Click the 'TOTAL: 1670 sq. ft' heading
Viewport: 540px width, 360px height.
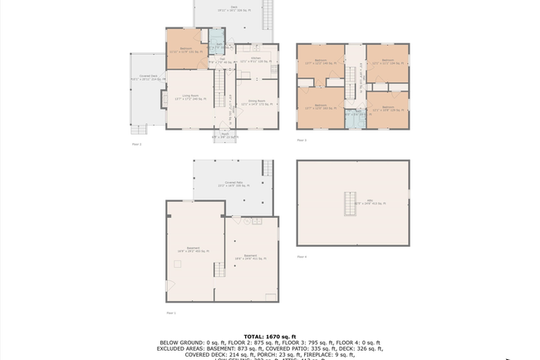pos(269,337)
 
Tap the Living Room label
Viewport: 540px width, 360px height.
pos(190,98)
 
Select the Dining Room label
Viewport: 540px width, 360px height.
pos(257,102)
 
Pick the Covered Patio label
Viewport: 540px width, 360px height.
pos(233,185)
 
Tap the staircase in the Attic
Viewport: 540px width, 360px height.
pos(350,202)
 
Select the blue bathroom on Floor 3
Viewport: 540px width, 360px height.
pos(354,118)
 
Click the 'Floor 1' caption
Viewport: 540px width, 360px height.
pos(170,313)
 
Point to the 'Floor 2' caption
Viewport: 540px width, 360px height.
pos(136,144)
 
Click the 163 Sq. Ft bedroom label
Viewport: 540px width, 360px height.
pos(319,106)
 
